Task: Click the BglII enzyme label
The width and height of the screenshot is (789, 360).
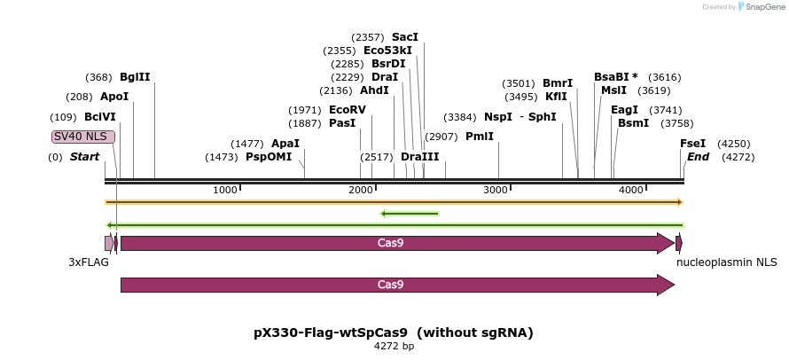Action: [x=135, y=77]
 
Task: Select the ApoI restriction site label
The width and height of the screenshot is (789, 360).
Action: [x=114, y=97]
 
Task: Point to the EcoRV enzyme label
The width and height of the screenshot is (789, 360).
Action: [x=347, y=110]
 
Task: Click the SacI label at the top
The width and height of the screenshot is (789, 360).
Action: [x=404, y=37]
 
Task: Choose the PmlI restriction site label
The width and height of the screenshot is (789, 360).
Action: [x=479, y=137]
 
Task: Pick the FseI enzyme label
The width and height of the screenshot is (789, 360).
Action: [x=692, y=144]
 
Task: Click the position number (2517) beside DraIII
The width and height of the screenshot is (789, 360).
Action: [x=376, y=157]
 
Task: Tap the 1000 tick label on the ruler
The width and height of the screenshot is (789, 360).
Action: [x=225, y=191]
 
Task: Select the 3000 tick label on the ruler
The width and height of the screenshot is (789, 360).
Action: [x=496, y=191]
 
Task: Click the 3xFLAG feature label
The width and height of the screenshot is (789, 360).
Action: [x=89, y=262]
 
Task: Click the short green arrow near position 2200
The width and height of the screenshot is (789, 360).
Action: [x=410, y=213]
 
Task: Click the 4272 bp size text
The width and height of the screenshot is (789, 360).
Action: [x=394, y=347]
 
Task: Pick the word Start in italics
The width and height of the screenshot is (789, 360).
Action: [x=84, y=157]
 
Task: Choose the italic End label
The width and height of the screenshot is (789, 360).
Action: [x=698, y=157]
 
